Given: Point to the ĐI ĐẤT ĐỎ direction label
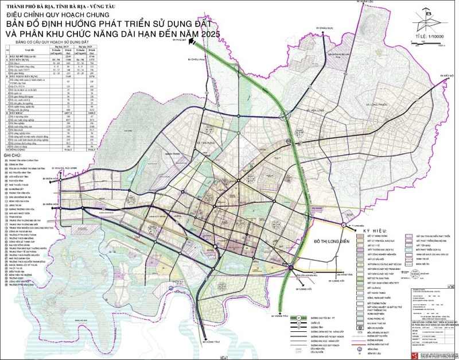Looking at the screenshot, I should point(447,75).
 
